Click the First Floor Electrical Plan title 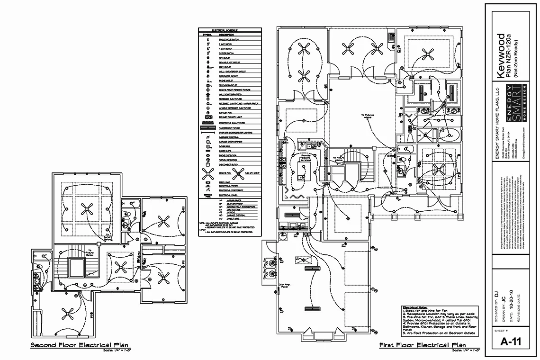422,345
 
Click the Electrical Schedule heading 230,30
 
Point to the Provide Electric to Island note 306,158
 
